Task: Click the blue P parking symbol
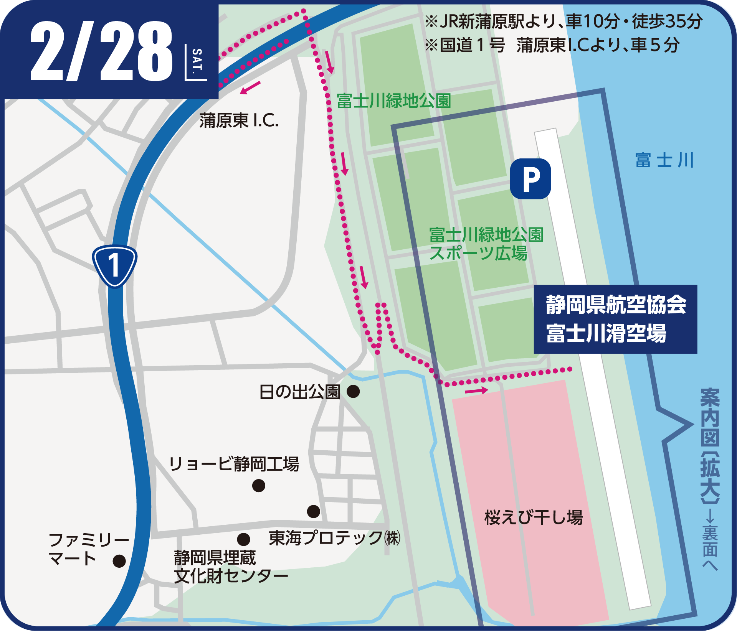[x=530, y=179]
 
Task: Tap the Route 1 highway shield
[x=114, y=265]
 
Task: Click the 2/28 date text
[x=101, y=51]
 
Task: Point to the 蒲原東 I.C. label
[x=239, y=121]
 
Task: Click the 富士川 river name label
[x=664, y=160]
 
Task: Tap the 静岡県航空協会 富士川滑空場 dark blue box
[x=615, y=319]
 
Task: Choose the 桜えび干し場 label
[x=534, y=517]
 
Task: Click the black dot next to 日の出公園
[x=353, y=392]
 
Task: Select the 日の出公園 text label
[x=300, y=392]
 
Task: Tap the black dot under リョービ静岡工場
[x=259, y=486]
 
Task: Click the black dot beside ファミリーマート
[x=119, y=561]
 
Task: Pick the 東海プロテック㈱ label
[x=334, y=538]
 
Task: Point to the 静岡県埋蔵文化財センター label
[x=230, y=567]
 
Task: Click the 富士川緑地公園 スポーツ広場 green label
[x=486, y=244]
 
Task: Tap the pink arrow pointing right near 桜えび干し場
[x=476, y=391]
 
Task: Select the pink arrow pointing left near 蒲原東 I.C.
[x=250, y=88]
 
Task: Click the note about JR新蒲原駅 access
[x=563, y=21]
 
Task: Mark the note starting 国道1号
[x=552, y=45]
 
